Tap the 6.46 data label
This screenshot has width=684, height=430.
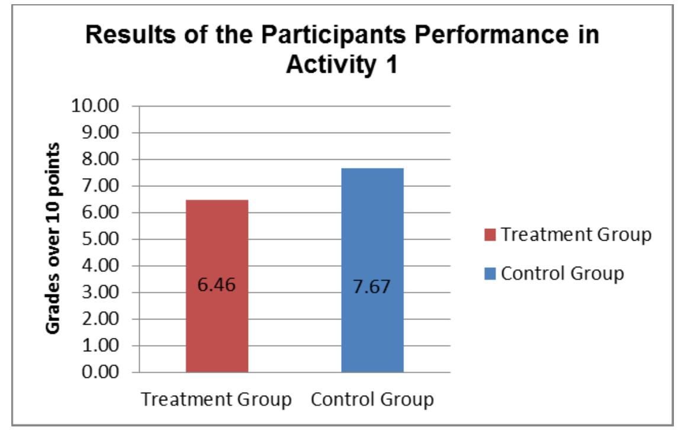(217, 285)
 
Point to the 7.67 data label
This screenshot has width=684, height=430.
(372, 290)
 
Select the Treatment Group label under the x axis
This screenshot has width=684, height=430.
(217, 399)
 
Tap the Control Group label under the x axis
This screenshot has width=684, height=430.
(372, 399)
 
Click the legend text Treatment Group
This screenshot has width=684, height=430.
(576, 235)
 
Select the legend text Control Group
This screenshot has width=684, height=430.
(562, 274)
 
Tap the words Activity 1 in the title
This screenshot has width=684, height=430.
(342, 64)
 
